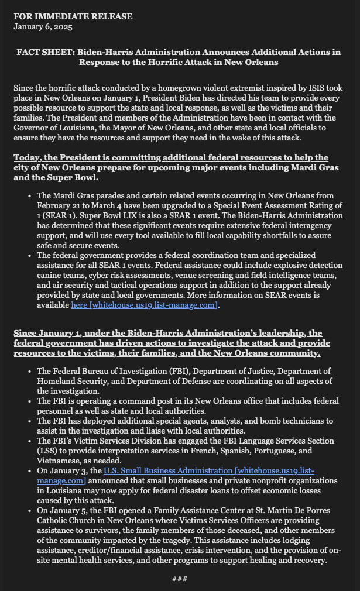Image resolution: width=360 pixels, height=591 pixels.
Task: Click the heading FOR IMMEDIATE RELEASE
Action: point(73,16)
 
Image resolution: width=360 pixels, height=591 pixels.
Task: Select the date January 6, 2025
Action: point(43,26)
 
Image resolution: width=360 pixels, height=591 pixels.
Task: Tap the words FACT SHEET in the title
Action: point(44,52)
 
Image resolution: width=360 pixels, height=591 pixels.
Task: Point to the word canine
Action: point(49,276)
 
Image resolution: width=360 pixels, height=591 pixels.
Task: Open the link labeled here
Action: point(78,305)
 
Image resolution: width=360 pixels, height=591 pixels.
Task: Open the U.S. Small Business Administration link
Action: point(167,470)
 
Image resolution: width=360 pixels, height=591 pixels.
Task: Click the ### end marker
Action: point(180,579)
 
